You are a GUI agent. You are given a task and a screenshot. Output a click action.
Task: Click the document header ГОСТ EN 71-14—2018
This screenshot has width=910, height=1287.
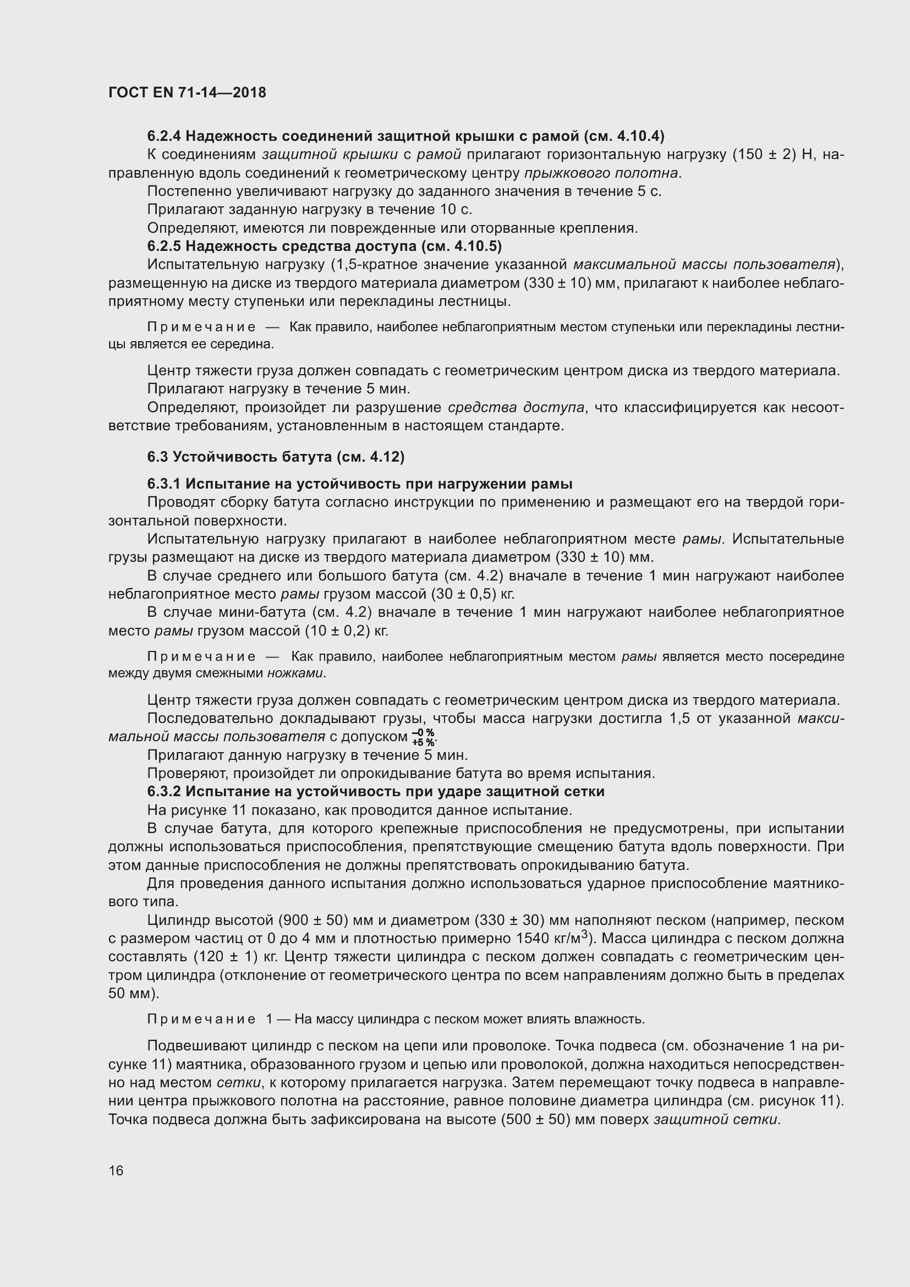[x=187, y=92]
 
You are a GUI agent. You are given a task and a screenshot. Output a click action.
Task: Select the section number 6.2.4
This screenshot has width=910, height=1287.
[x=164, y=136]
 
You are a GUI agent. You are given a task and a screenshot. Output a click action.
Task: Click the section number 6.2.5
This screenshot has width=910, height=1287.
[x=164, y=246]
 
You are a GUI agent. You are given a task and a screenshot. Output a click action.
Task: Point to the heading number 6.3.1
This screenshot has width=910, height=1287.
[x=164, y=484]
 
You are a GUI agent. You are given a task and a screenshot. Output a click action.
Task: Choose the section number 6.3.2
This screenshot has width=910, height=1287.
[x=164, y=791]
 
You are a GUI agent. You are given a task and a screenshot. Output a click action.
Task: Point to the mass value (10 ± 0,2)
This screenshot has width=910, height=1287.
[x=337, y=631]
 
